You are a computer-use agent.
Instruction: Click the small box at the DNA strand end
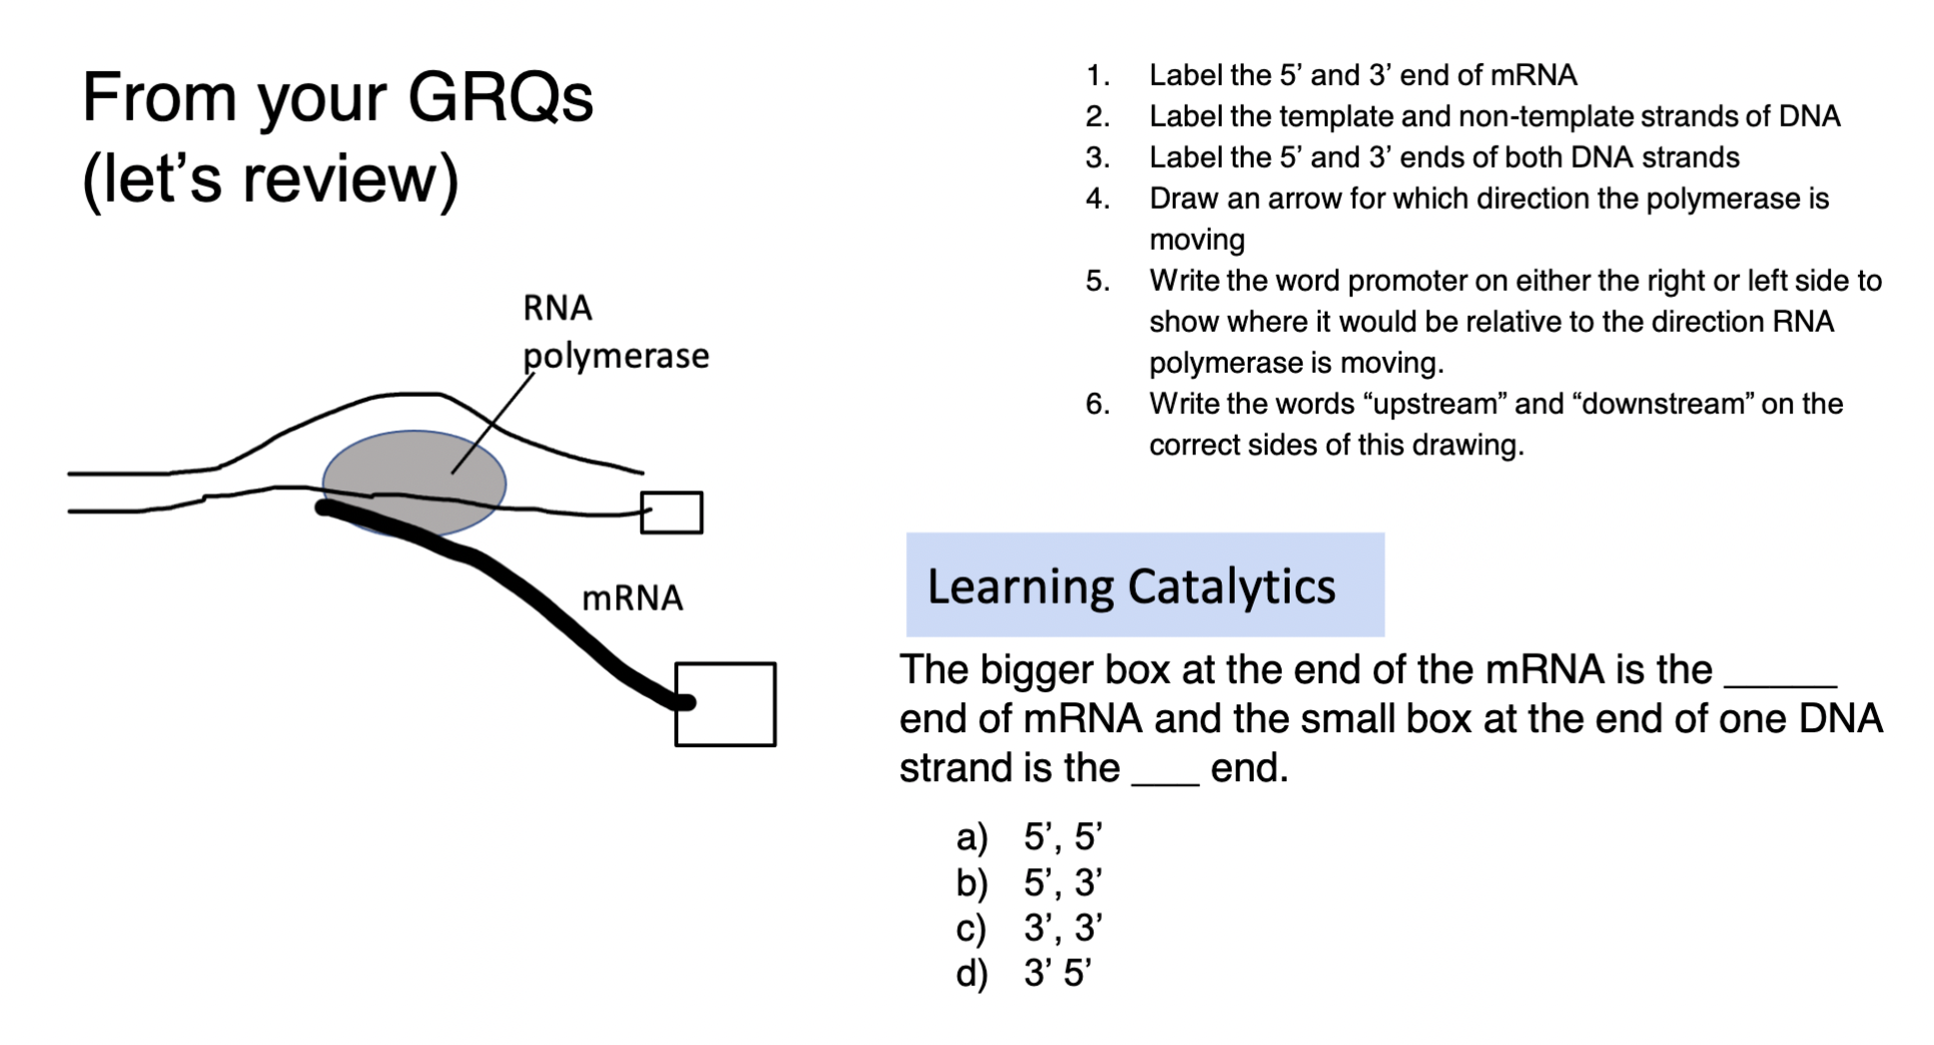[x=670, y=513]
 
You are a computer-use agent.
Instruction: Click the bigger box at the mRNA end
[x=725, y=704]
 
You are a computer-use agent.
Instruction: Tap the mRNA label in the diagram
[x=632, y=597]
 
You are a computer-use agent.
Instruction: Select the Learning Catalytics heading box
[x=1144, y=585]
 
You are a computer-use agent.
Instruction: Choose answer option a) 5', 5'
[x=1030, y=836]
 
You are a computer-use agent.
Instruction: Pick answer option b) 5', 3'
[x=1030, y=882]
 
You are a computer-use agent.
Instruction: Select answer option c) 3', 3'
[x=1030, y=927]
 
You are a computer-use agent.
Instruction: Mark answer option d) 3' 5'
[x=1025, y=972]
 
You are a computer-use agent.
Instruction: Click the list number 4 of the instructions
[x=1097, y=199]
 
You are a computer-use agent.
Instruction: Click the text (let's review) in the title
[x=270, y=179]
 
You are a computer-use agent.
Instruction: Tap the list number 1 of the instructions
[x=1097, y=76]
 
